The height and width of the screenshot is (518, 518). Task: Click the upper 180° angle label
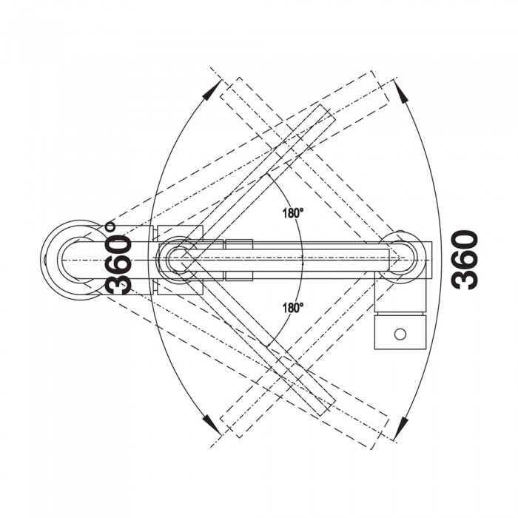[293, 213]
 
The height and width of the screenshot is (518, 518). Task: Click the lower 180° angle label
[293, 308]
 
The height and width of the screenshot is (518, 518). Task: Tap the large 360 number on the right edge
[465, 260]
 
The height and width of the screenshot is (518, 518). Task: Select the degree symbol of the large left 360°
[110, 226]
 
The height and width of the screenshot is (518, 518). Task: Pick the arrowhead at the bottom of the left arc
[212, 425]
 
